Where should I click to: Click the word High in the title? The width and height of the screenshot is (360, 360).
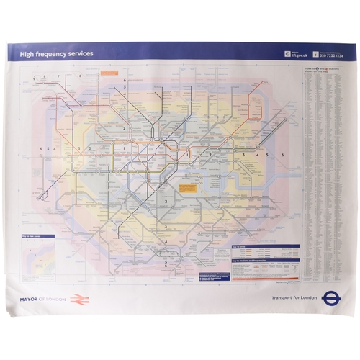26,53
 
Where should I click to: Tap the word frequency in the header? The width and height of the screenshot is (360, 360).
50,53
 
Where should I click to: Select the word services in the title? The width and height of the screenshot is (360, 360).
79,53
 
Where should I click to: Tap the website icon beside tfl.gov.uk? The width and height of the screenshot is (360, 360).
287,53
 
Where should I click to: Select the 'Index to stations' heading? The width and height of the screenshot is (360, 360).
321,70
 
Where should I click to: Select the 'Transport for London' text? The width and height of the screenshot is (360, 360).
294,297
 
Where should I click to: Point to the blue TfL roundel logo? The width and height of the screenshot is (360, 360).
332,296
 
